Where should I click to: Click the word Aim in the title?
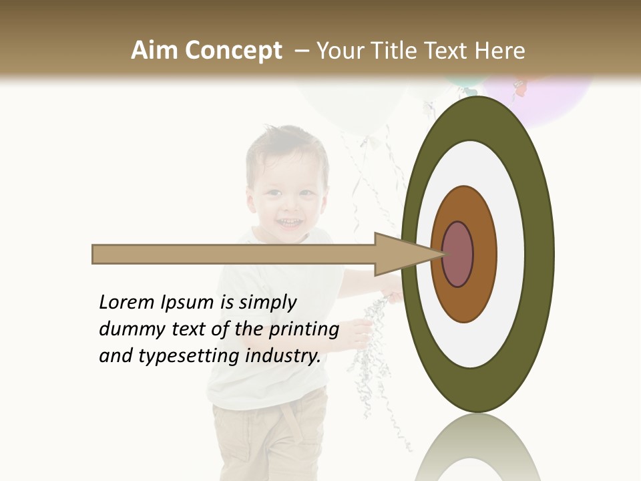(154, 51)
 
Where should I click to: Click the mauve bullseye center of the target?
(457, 254)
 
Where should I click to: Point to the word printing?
(303, 330)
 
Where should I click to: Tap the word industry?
(283, 356)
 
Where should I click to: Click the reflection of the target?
(477, 451)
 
